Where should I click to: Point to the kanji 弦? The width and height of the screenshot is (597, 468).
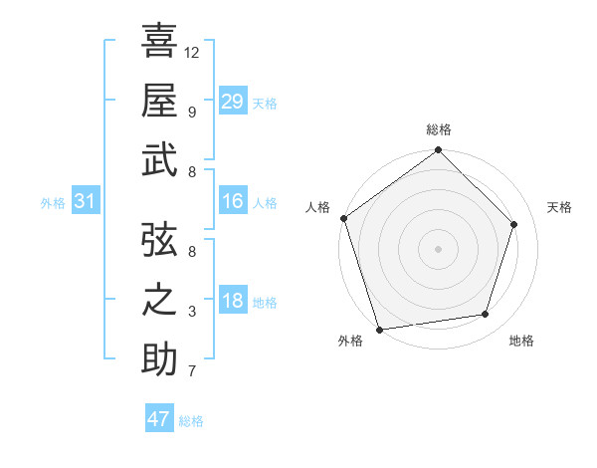click(x=159, y=239)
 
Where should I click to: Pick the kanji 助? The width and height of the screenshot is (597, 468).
click(x=159, y=358)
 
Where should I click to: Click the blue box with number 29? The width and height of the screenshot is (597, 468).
click(x=232, y=102)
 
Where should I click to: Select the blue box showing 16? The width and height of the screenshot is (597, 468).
click(x=232, y=202)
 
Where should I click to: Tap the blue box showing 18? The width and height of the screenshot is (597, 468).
click(x=232, y=302)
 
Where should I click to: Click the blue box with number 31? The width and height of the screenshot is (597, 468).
click(x=85, y=202)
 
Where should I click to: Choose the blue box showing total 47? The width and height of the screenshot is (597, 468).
click(x=159, y=419)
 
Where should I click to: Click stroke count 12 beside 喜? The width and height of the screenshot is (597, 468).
click(x=192, y=52)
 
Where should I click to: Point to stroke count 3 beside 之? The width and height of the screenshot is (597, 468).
click(x=192, y=312)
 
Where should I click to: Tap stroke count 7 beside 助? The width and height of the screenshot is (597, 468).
click(x=192, y=372)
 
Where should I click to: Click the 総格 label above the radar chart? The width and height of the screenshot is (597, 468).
click(x=439, y=129)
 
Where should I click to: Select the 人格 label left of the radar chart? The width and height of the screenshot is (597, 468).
click(x=319, y=207)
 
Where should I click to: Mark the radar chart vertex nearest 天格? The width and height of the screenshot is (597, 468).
click(x=514, y=224)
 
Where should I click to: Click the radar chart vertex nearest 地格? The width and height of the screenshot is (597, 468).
click(x=486, y=315)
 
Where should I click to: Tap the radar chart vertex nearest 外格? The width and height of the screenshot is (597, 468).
click(x=380, y=330)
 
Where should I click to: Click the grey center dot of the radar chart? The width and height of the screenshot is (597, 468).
click(x=438, y=248)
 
